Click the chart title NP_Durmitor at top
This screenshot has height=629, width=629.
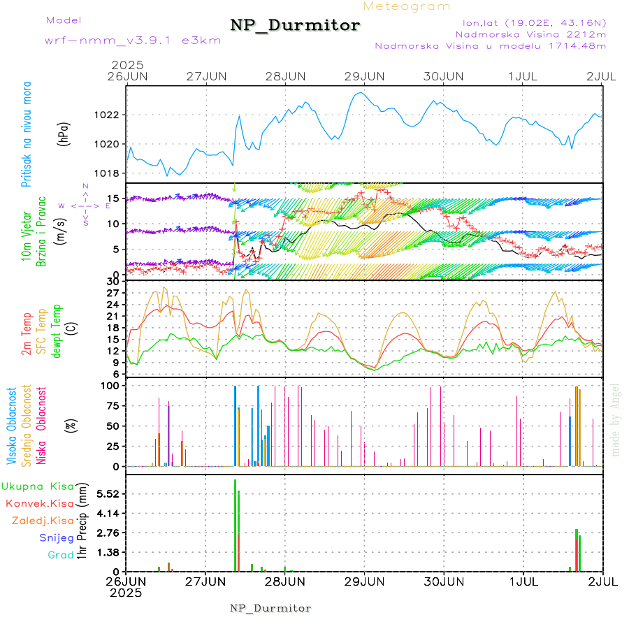click(x=295, y=26)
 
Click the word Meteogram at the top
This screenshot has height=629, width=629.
click(x=407, y=6)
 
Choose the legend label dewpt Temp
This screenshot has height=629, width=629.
click(x=57, y=331)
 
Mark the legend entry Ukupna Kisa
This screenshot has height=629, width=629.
click(x=38, y=486)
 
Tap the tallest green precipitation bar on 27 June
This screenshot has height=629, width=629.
click(x=235, y=524)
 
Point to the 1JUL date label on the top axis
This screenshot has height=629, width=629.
click(x=523, y=75)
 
